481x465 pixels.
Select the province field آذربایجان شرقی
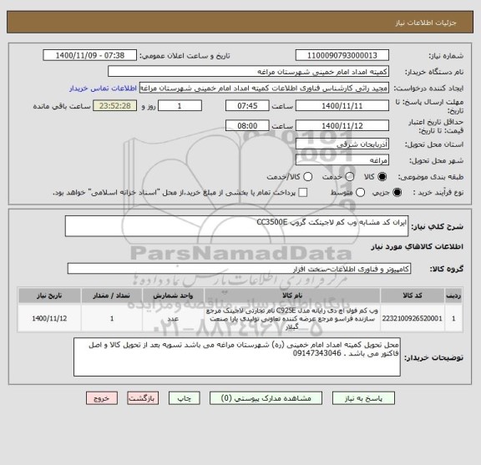316,144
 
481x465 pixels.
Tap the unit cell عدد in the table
173,318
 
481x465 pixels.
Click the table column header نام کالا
292,295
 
